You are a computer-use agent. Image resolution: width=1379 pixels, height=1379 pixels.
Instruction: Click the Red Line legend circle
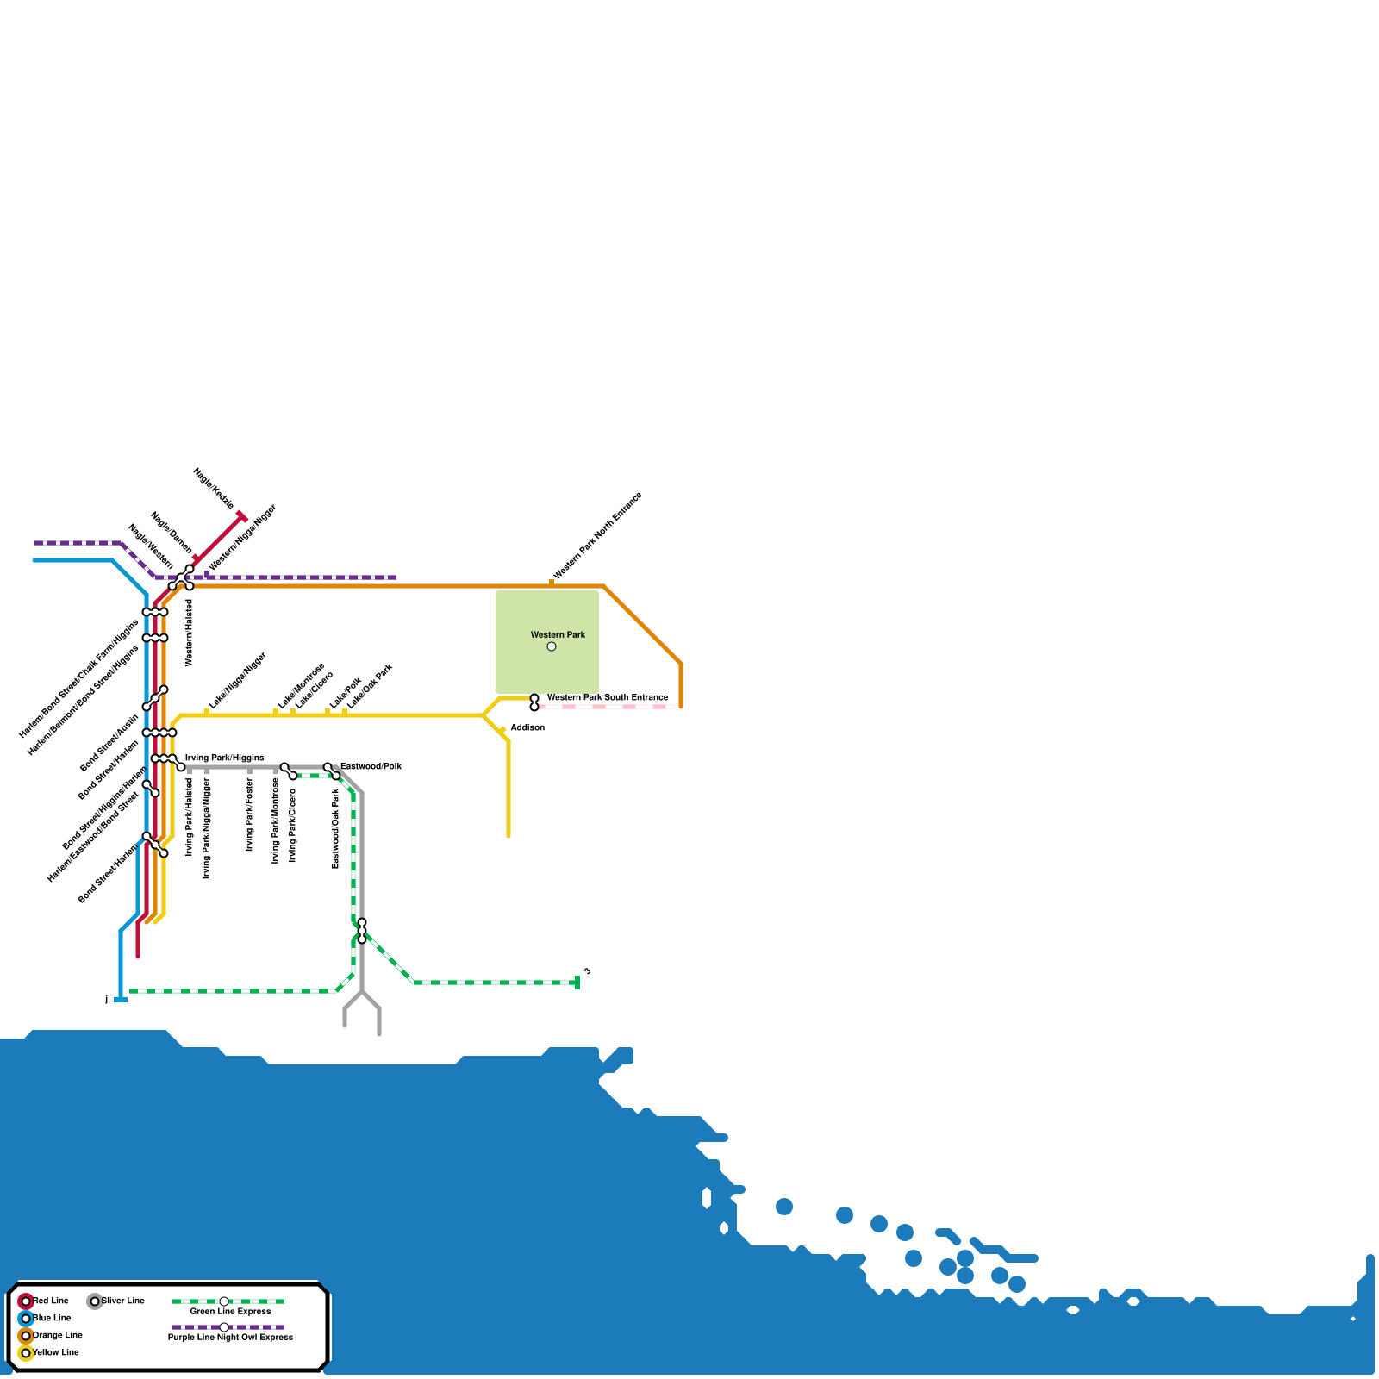(x=26, y=1301)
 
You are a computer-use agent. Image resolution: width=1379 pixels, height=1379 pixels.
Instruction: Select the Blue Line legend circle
(x=26, y=1318)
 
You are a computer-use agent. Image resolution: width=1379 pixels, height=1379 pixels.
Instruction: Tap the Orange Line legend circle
(x=26, y=1335)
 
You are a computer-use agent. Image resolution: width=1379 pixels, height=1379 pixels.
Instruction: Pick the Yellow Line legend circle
(x=26, y=1352)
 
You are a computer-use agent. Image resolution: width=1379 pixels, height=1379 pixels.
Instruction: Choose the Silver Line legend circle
(x=95, y=1301)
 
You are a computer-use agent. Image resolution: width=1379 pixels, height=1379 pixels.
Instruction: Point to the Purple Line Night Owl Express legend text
(x=230, y=1337)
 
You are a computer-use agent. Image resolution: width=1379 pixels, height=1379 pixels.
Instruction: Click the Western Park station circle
(x=552, y=646)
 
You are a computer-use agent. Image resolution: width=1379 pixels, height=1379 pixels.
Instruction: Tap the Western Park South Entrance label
(x=607, y=697)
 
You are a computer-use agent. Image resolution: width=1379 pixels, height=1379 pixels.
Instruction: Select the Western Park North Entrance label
(x=597, y=536)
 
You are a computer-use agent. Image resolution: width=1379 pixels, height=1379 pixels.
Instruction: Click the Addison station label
(x=527, y=727)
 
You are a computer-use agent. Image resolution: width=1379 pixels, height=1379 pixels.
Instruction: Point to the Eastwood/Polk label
(x=371, y=766)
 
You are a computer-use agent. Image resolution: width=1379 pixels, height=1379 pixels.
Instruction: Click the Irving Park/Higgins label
(x=224, y=758)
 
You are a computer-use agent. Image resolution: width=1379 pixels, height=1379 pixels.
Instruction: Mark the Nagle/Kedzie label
(x=214, y=488)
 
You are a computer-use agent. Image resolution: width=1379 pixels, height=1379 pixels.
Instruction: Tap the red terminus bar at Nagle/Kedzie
(x=242, y=516)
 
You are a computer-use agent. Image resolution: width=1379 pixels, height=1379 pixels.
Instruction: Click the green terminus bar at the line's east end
(x=577, y=983)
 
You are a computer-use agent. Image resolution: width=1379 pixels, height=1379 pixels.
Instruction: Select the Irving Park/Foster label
(x=250, y=814)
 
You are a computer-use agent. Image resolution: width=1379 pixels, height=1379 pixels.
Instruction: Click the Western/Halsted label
(x=190, y=633)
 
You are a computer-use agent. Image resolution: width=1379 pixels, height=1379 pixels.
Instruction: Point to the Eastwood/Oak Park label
(x=336, y=828)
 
